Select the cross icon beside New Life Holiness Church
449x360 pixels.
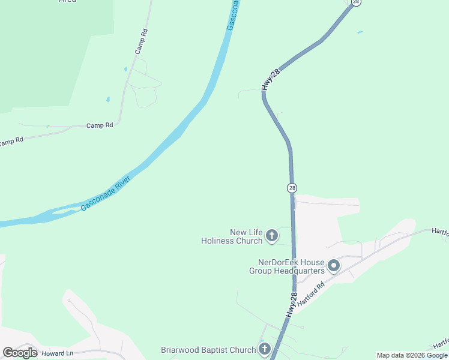pyautogui.click(x=271, y=236)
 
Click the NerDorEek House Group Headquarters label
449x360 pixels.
pyautogui.click(x=287, y=266)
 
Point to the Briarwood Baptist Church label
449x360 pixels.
pyautogui.click(x=208, y=350)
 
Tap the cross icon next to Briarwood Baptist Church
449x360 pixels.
pyautogui.click(x=264, y=349)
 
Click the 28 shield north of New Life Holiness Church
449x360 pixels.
pyautogui.click(x=292, y=188)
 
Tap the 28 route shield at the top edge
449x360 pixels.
pyautogui.click(x=356, y=2)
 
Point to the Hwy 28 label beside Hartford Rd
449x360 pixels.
pyautogui.click(x=291, y=305)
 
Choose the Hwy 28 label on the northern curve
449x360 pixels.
pyautogui.click(x=272, y=80)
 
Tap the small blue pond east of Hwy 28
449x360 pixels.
pyautogui.click(x=359, y=32)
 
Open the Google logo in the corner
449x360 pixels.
pyautogui.click(x=20, y=353)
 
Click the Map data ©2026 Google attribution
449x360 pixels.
pyautogui.click(x=412, y=355)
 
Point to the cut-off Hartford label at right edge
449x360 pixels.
pyautogui.click(x=440, y=231)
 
